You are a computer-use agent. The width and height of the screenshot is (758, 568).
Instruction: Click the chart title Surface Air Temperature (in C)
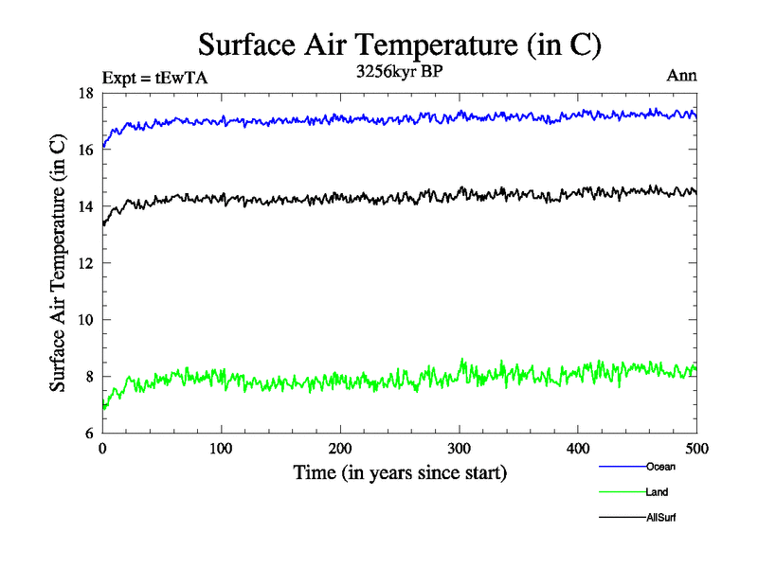pos(399,44)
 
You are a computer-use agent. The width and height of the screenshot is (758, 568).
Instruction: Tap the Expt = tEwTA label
pos(154,79)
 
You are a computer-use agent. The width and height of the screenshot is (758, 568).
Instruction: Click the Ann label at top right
pos(683,76)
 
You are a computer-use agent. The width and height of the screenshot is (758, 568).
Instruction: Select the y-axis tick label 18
pos(84,93)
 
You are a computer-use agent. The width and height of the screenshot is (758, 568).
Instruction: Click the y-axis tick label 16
pos(84,150)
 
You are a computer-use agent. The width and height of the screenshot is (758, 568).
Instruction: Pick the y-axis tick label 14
pos(84,206)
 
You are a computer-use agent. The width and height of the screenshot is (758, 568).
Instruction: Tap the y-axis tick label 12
pos(84,263)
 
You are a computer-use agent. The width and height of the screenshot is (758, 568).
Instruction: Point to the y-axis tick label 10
pos(84,320)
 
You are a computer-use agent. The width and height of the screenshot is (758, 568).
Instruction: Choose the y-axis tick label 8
pos(88,377)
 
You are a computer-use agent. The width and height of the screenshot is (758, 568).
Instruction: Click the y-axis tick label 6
pos(88,434)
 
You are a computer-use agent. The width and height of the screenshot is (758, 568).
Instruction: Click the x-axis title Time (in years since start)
pos(399,472)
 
